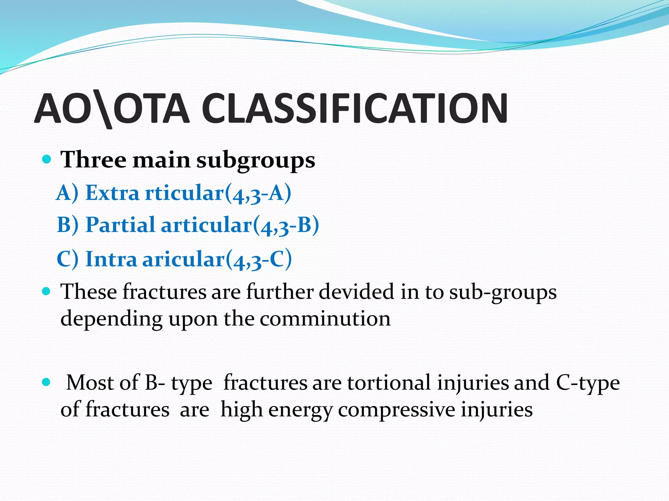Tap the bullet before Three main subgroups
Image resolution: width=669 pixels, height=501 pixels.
47,159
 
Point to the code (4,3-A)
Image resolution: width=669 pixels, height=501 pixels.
258,193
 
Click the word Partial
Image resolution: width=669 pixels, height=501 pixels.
120,225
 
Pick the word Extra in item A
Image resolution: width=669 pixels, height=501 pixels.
112,193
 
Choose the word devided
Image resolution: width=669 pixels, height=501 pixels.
356,291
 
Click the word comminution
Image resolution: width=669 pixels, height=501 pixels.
325,319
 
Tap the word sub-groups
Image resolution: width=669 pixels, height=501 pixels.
503,292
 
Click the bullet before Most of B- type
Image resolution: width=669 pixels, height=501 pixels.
47,382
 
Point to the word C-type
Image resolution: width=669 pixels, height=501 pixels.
588,383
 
